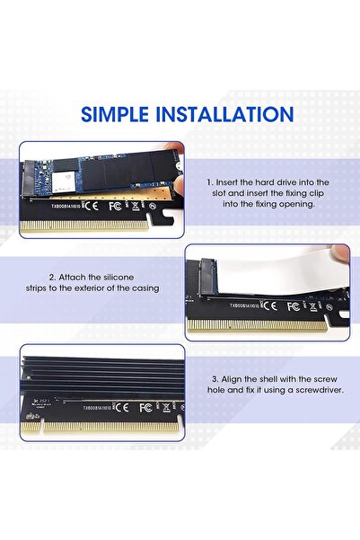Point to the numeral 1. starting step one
210,181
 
